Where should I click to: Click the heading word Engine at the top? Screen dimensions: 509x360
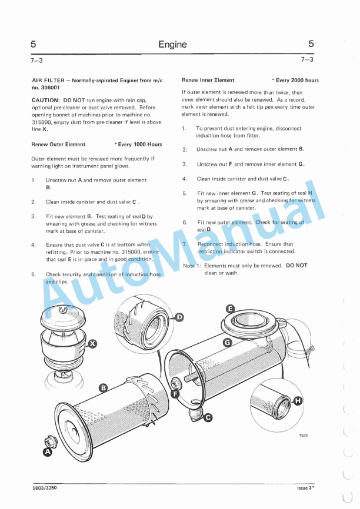coord(172,44)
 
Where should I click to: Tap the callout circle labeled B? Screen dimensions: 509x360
coord(104,387)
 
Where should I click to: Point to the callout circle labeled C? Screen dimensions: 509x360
coord(208,417)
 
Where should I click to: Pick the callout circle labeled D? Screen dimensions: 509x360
coord(179,317)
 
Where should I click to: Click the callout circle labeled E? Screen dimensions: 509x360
coord(231,309)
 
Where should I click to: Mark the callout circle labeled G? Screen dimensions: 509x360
coord(227,341)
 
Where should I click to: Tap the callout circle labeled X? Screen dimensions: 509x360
coord(93,343)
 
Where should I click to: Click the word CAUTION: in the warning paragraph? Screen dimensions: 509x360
coord(45,100)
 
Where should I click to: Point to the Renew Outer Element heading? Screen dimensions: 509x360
coord(58,144)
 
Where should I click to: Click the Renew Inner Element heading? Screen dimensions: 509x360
coord(208,80)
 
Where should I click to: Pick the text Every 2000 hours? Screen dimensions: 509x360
coord(296,80)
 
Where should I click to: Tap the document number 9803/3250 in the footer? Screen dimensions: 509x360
coord(45,488)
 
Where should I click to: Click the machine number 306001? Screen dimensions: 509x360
coord(51,86)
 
